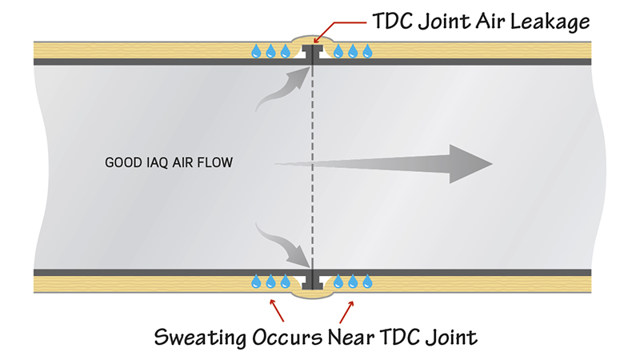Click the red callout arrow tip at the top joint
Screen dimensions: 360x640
click(x=316, y=38)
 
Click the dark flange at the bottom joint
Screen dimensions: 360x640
click(x=313, y=281)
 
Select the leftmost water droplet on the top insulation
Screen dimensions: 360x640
click(x=256, y=52)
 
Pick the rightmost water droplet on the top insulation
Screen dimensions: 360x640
click(x=368, y=52)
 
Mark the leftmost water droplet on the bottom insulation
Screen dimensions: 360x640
click(x=256, y=282)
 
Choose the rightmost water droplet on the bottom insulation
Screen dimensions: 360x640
click(x=368, y=282)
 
